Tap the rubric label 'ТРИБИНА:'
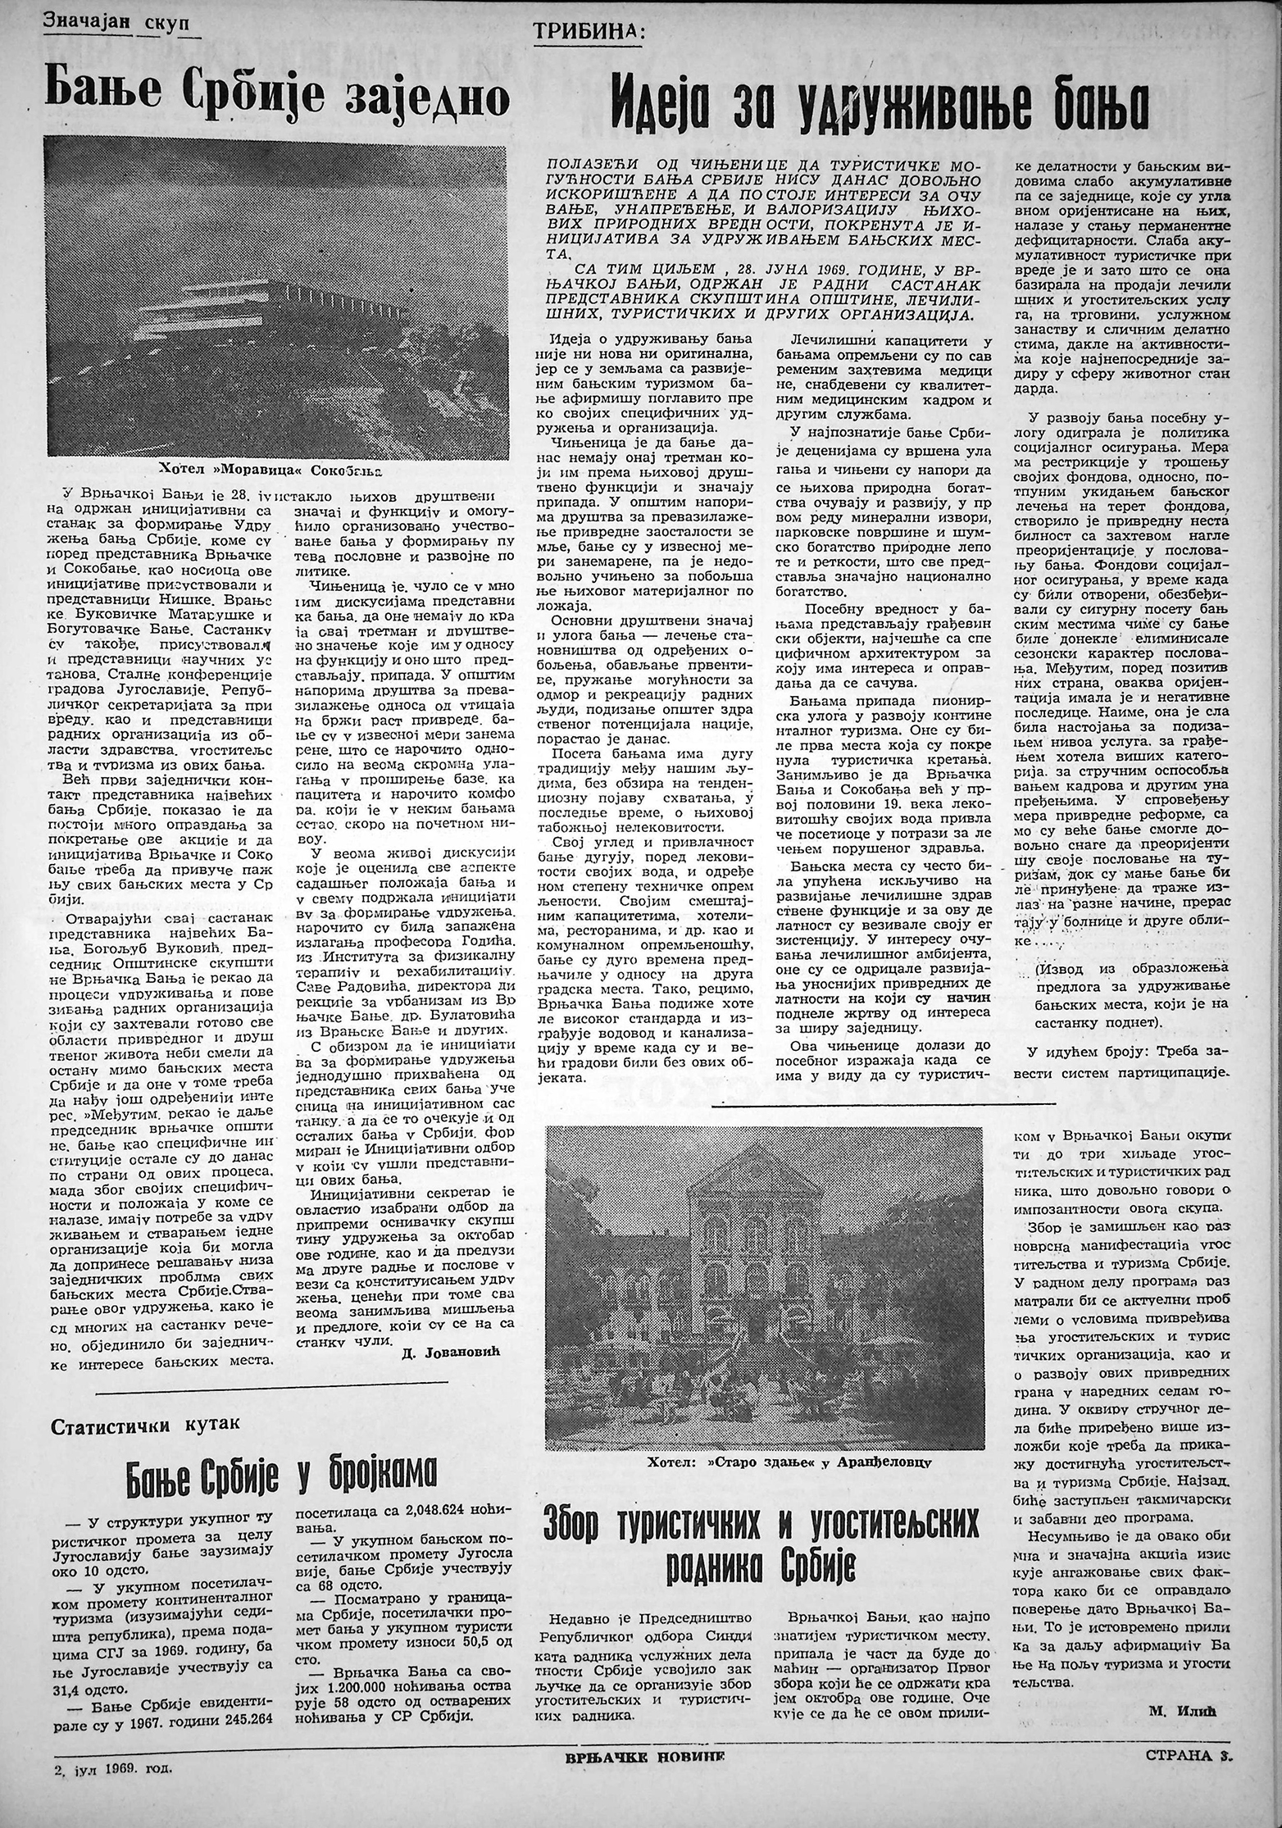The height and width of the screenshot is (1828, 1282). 589,32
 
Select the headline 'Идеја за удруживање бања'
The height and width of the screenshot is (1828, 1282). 881,102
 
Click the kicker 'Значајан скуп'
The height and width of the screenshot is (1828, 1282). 116,24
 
